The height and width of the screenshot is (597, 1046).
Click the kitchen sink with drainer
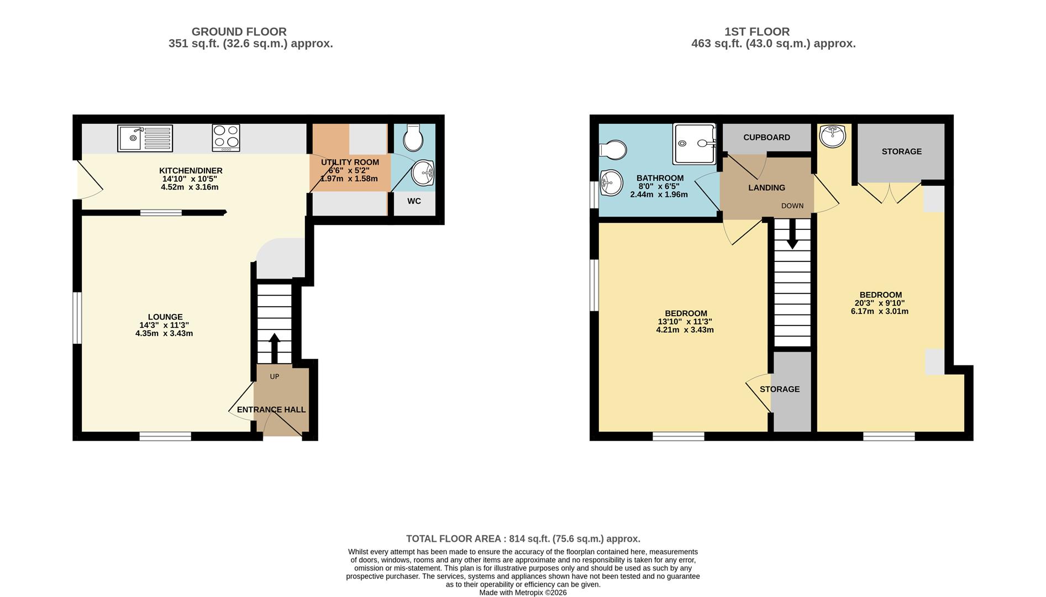click(145, 138)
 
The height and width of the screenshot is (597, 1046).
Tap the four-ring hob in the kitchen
click(226, 138)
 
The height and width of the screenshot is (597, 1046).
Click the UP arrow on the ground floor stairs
click(274, 348)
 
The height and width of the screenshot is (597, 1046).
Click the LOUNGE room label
click(165, 317)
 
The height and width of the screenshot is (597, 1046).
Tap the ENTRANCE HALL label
click(271, 410)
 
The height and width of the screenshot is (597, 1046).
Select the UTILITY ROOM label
click(350, 163)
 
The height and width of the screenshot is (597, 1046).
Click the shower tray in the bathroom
click(694, 144)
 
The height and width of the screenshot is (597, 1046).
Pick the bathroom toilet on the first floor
click(613, 149)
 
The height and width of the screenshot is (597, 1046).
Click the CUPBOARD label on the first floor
click(766, 137)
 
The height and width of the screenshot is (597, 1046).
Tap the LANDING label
click(766, 188)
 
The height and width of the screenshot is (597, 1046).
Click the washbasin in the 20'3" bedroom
click(832, 136)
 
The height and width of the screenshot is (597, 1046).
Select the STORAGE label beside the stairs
click(779, 389)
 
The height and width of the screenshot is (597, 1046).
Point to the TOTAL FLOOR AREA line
click(523, 538)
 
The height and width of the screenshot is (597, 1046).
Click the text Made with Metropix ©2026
click(523, 592)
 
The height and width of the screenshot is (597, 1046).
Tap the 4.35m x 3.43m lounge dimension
click(164, 333)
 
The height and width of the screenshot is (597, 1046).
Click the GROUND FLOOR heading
click(239, 32)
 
